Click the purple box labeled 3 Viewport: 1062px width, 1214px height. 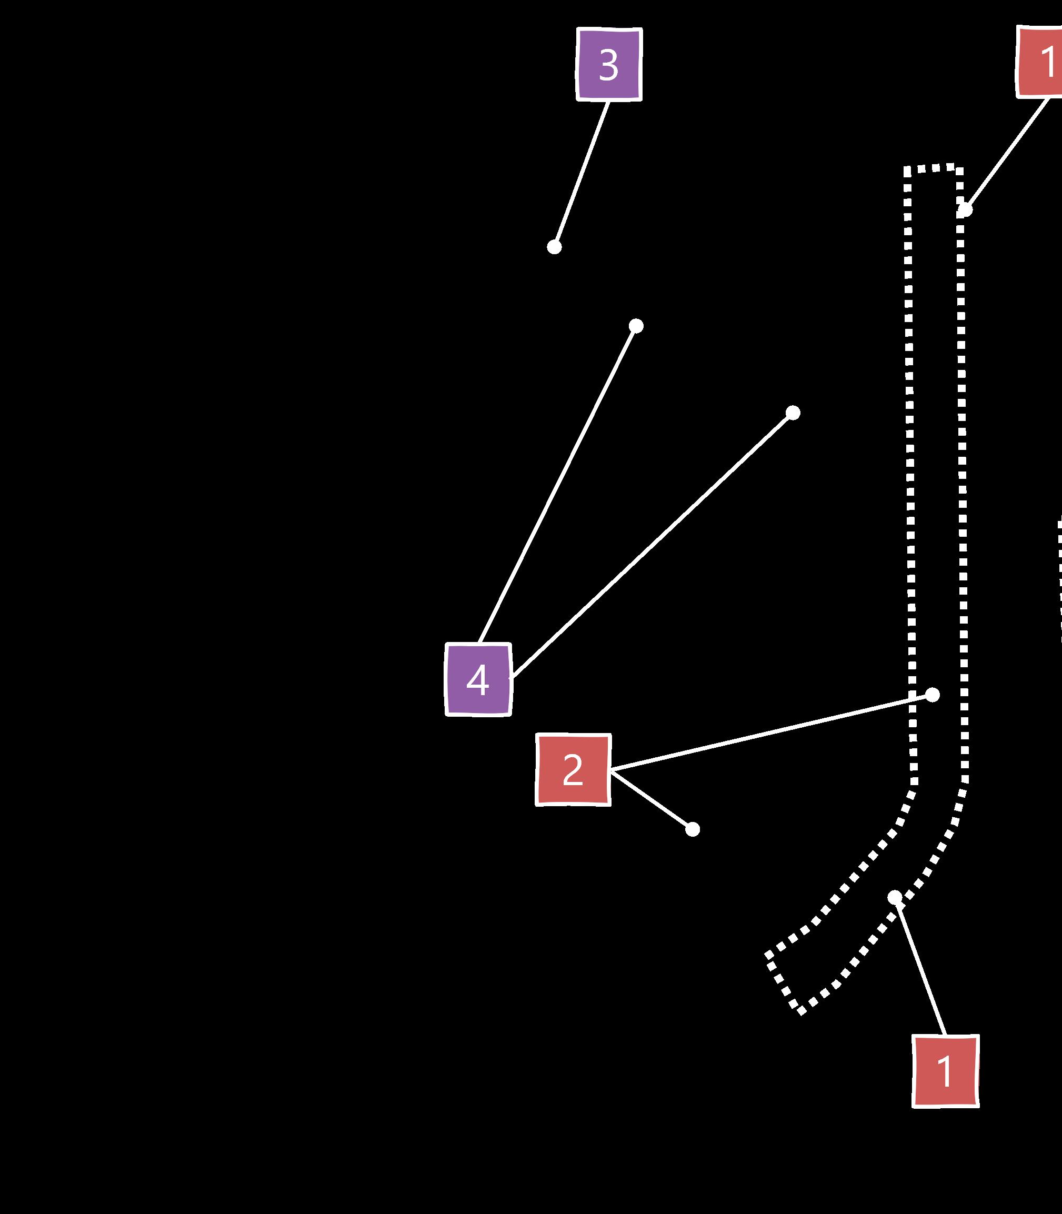click(x=609, y=65)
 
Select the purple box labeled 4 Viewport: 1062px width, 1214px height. click(x=478, y=679)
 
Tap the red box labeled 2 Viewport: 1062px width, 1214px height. click(x=573, y=770)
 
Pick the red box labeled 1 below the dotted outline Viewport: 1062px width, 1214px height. click(x=945, y=1071)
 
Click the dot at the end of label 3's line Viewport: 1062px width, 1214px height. click(x=554, y=246)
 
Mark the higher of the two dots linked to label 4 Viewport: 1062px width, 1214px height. click(x=636, y=326)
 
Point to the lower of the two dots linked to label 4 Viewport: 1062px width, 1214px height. click(x=793, y=413)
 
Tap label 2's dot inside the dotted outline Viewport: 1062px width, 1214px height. click(x=932, y=695)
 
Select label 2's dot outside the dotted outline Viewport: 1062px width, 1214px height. click(x=692, y=829)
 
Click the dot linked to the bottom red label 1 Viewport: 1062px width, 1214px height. click(x=895, y=898)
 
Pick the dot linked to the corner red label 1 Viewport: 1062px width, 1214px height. click(x=965, y=210)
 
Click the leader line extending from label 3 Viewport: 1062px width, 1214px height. click(x=582, y=174)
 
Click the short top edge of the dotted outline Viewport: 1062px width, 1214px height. click(x=934, y=168)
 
